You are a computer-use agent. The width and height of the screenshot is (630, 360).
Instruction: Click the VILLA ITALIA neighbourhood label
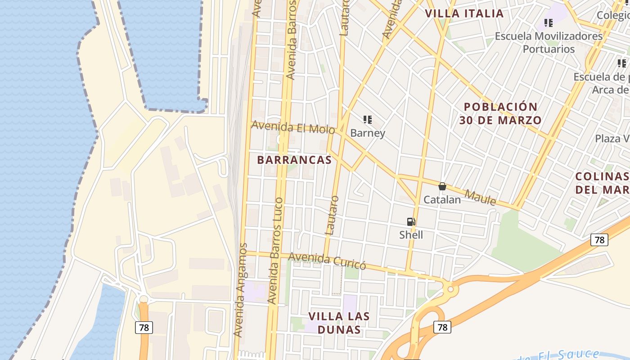point(464,13)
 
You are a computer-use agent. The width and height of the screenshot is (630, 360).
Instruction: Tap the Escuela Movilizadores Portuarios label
point(549,42)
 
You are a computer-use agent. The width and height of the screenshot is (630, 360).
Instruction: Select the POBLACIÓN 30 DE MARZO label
point(500,113)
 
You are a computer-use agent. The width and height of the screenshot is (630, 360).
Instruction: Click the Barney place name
point(368,133)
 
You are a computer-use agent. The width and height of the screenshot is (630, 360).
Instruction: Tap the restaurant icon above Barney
point(368,120)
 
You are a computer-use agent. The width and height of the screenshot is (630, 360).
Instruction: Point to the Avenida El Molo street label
point(293,127)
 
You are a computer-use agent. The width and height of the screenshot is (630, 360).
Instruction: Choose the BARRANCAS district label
point(294,160)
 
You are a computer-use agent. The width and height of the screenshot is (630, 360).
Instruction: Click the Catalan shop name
point(442,200)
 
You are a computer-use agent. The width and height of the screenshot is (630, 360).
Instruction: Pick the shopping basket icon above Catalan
point(442,186)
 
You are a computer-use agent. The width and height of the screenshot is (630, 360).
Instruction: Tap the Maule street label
point(480,197)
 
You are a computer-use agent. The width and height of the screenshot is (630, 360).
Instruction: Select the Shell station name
point(411,235)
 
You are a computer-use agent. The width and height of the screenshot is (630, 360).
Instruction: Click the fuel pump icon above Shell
point(411,221)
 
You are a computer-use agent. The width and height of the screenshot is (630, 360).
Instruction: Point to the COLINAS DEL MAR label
point(602,183)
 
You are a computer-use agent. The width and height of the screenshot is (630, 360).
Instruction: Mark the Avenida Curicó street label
point(327,261)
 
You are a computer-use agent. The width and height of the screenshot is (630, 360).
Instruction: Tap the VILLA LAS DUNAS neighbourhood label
point(339,323)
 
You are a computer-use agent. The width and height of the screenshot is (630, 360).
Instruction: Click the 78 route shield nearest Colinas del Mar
point(599,240)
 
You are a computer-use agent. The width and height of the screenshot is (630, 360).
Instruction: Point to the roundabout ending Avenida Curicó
point(450,288)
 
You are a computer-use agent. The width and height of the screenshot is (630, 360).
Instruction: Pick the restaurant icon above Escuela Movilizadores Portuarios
point(549,22)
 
